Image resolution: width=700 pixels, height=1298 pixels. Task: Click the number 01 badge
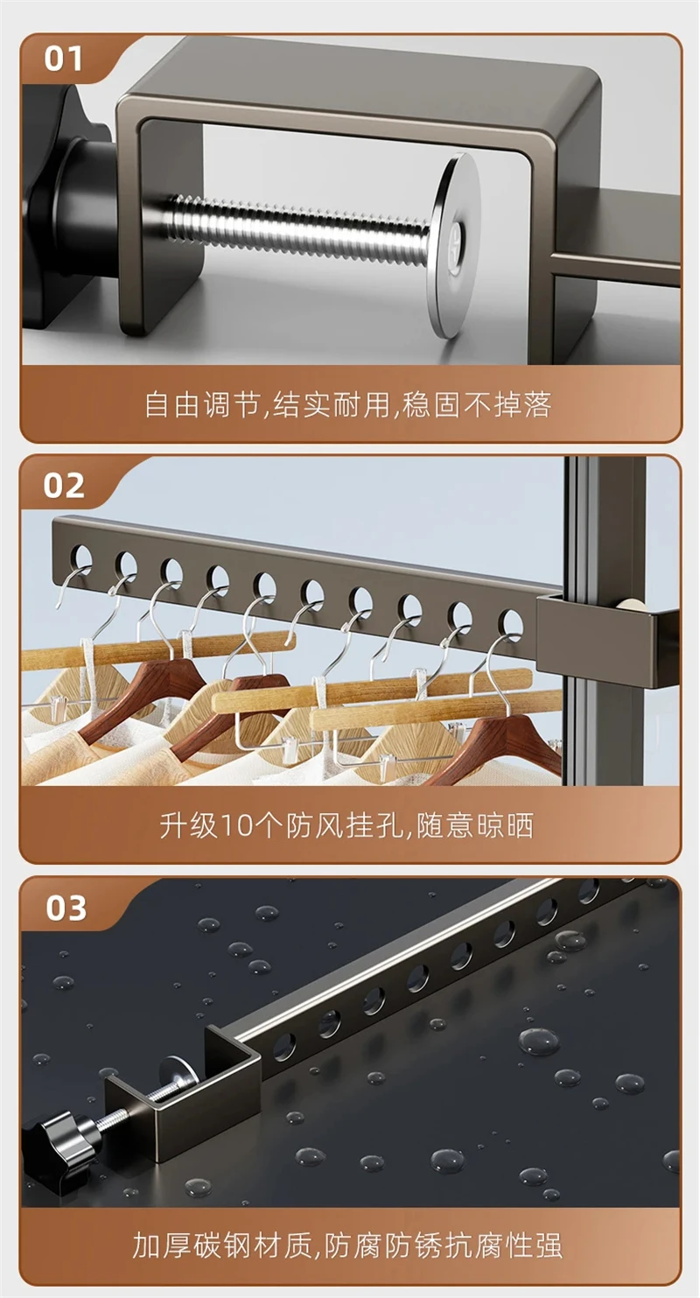click(63, 60)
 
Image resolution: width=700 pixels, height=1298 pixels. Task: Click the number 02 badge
click(64, 486)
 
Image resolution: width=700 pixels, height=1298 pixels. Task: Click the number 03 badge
click(66, 908)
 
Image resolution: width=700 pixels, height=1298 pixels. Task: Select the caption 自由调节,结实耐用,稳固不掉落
click(348, 404)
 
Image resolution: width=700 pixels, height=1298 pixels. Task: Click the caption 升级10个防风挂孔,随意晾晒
click(347, 825)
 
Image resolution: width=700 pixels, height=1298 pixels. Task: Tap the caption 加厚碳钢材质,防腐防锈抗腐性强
click(347, 1245)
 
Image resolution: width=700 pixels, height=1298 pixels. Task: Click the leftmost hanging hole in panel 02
click(80, 557)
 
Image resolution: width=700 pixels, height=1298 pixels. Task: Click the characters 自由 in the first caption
click(171, 404)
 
